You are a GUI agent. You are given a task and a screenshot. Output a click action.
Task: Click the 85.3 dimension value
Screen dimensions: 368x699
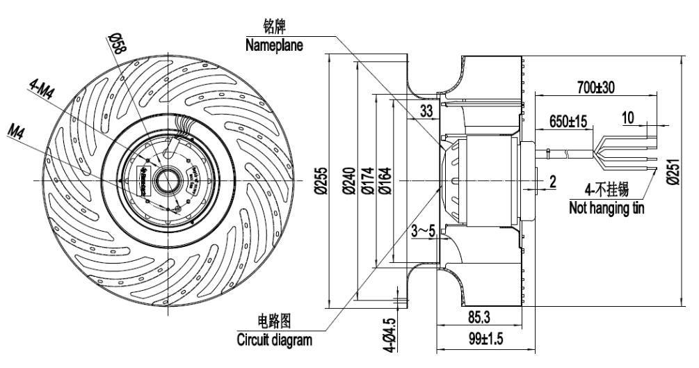(477, 318)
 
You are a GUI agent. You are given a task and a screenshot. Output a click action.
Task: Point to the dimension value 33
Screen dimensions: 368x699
(426, 109)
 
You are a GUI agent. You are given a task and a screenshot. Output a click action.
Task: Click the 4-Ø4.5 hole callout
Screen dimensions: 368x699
(391, 335)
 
